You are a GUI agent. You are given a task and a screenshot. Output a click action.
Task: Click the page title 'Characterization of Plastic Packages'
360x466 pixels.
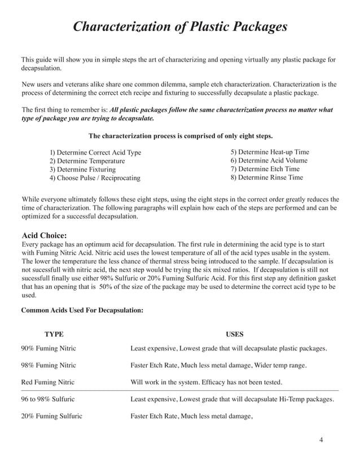pyautogui.click(x=181, y=27)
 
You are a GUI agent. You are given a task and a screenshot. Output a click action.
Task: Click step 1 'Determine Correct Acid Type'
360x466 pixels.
pyautogui.click(x=95, y=153)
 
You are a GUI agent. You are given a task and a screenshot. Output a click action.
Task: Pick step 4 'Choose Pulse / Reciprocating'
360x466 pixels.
pyautogui.click(x=95, y=178)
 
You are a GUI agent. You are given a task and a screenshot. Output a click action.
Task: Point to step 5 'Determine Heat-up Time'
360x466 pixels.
pyautogui.click(x=270, y=152)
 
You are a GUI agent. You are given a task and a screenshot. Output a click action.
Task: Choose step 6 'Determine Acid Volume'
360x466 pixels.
pyautogui.click(x=269, y=161)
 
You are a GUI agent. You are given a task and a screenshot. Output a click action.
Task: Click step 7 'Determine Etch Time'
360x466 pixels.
pyautogui.click(x=265, y=169)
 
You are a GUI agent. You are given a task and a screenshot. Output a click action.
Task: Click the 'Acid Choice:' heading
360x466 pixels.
pyautogui.click(x=44, y=235)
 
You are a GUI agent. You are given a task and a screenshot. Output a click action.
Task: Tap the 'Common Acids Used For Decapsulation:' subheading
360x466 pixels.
pyautogui.click(x=82, y=310)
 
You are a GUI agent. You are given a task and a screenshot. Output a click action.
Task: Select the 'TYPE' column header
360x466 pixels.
pyautogui.click(x=54, y=335)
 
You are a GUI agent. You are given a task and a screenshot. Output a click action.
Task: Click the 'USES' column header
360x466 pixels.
pyautogui.click(x=235, y=335)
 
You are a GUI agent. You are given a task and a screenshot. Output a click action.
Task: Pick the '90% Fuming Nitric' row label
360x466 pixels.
pyautogui.click(x=49, y=349)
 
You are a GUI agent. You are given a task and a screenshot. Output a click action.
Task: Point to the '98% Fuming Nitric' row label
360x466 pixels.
pyautogui.click(x=49, y=366)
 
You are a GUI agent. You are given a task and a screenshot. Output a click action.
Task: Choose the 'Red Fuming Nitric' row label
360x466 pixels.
pyautogui.click(x=47, y=383)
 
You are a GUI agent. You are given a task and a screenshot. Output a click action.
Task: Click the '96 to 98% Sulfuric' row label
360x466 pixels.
pyautogui.click(x=49, y=399)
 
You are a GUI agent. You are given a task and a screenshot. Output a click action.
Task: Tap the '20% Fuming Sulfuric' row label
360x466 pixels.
pyautogui.click(x=51, y=416)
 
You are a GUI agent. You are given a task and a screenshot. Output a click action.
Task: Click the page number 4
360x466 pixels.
pyautogui.click(x=321, y=441)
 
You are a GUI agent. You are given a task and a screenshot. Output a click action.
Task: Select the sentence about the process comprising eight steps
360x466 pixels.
pyautogui.click(x=181, y=136)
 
